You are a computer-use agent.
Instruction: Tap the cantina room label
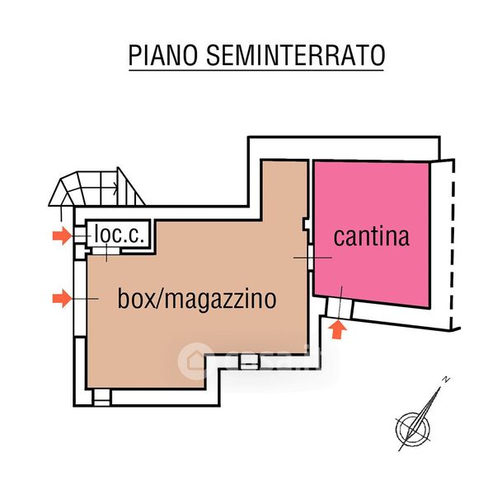[371, 236]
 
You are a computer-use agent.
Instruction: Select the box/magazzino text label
[196, 297]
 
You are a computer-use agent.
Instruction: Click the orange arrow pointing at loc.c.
[60, 237]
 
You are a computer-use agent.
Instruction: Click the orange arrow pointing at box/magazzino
[60, 298]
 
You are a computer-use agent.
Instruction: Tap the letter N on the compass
[444, 380]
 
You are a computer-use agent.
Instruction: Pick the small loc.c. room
[118, 235]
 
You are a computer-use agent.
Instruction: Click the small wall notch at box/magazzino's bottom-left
[101, 397]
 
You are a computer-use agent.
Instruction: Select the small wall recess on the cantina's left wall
[307, 223]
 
